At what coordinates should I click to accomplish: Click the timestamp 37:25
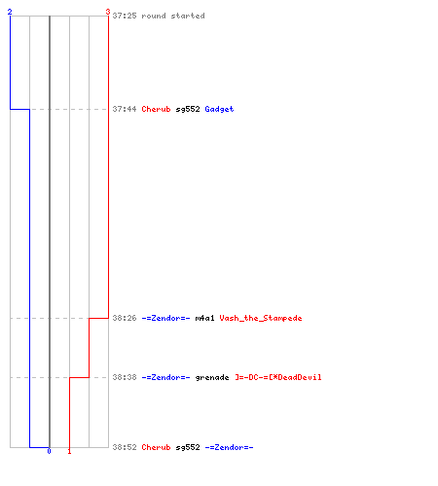[x=125, y=16]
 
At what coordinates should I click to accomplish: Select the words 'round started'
[x=173, y=16]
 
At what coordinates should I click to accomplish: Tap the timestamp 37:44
[x=125, y=109]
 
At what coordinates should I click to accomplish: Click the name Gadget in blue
[x=219, y=109]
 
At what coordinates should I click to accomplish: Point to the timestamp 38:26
[x=125, y=318]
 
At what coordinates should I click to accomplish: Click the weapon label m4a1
[x=204, y=318]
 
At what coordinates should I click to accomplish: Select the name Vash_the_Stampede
[x=261, y=318]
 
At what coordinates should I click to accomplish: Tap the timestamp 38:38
[x=125, y=377]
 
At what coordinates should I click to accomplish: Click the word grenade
[x=212, y=378]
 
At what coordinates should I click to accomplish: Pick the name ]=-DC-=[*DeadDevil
[x=278, y=377]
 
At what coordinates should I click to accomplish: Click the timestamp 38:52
[x=125, y=447]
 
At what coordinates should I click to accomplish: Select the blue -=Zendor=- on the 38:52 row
[x=229, y=447]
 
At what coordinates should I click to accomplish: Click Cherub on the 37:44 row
[x=156, y=109]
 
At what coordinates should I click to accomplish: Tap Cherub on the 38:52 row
[x=156, y=447]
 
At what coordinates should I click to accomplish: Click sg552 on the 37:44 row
[x=188, y=109]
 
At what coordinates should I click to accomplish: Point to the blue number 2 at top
[x=10, y=12]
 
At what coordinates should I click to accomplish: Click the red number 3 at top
[x=108, y=12]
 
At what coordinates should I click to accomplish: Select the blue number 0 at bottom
[x=49, y=451]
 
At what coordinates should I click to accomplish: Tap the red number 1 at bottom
[x=69, y=451]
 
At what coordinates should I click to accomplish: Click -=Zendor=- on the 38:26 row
[x=165, y=318]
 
